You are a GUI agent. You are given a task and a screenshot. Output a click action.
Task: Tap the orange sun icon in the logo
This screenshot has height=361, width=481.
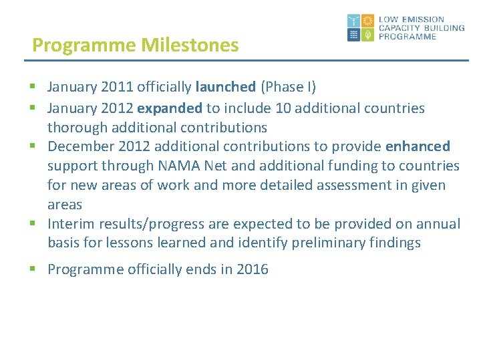coord(367,21)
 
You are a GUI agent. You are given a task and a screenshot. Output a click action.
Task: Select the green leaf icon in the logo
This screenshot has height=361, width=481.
coord(367,35)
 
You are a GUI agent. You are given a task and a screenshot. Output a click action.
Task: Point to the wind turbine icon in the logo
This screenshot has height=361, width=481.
coord(353,21)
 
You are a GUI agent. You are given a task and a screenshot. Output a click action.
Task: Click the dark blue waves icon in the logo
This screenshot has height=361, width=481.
coord(353,35)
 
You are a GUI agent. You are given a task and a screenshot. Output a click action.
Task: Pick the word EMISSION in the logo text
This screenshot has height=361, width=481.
coord(422,20)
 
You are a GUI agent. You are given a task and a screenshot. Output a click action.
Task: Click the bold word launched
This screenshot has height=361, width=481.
coord(226,87)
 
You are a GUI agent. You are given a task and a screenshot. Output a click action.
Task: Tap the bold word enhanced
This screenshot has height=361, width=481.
coord(418,146)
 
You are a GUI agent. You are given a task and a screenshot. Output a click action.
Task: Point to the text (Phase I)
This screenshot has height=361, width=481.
coord(288,87)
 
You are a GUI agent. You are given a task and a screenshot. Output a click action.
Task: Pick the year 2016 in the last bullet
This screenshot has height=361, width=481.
coord(253,270)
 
